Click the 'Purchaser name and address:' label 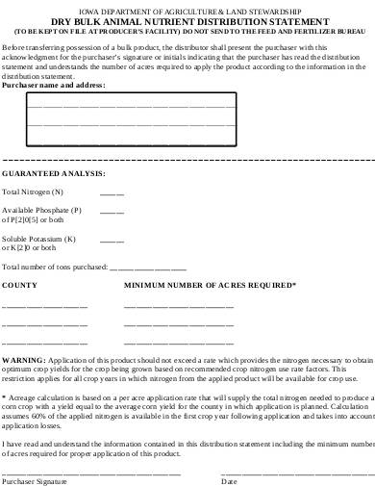54,85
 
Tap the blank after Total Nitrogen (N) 112,193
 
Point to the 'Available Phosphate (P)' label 42,210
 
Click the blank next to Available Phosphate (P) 112,211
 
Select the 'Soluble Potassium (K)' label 39,238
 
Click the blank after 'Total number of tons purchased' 148,268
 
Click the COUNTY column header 20,285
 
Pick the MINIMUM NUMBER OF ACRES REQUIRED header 210,285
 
